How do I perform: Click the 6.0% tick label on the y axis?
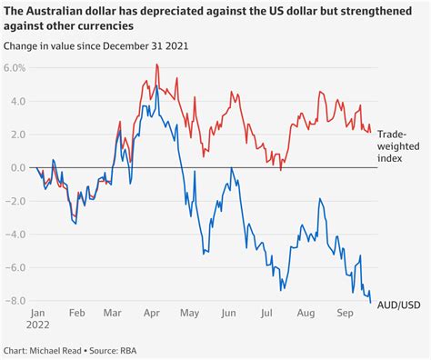point(16,68)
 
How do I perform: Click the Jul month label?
point(268,312)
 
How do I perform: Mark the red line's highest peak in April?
point(157,65)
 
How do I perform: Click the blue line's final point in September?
point(370,302)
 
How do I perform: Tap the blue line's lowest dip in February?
point(75,223)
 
